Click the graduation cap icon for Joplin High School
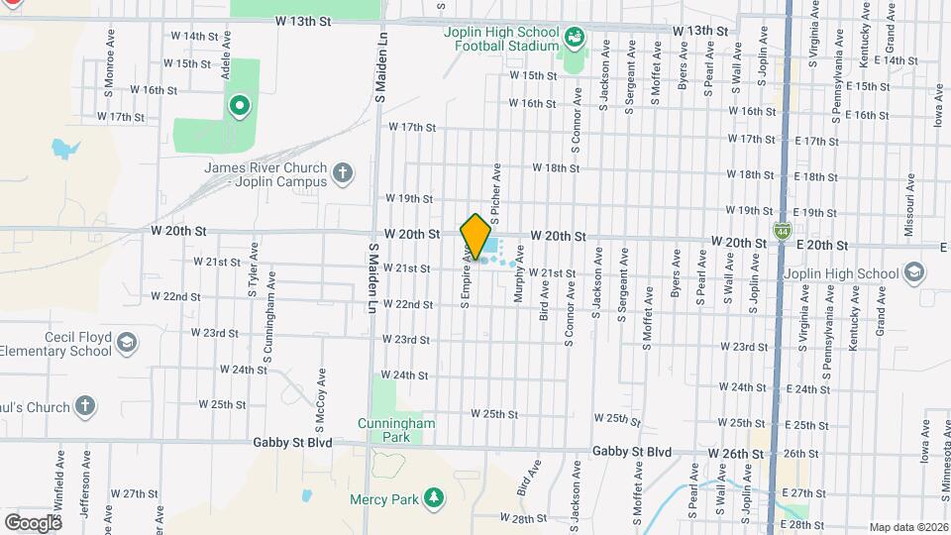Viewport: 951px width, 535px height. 912,272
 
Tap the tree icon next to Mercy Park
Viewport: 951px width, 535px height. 432,497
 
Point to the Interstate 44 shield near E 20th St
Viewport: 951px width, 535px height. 783,231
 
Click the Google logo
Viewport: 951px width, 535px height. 32,522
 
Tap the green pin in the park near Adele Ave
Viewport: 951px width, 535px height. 239,106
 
